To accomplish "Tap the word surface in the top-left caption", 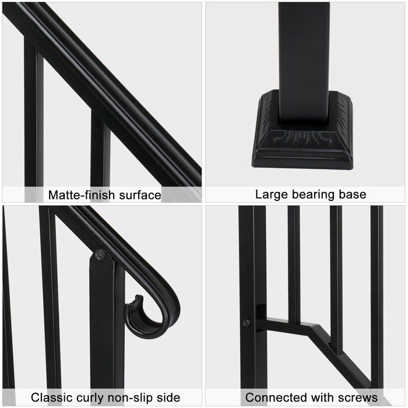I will [x=135, y=195].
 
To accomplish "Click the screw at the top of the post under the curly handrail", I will [x=100, y=255].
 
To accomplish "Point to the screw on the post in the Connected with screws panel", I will [x=247, y=322].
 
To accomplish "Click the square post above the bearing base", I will [x=304, y=58].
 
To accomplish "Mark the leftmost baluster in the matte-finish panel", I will [x=34, y=117].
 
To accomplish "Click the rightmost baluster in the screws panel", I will [x=377, y=291].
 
